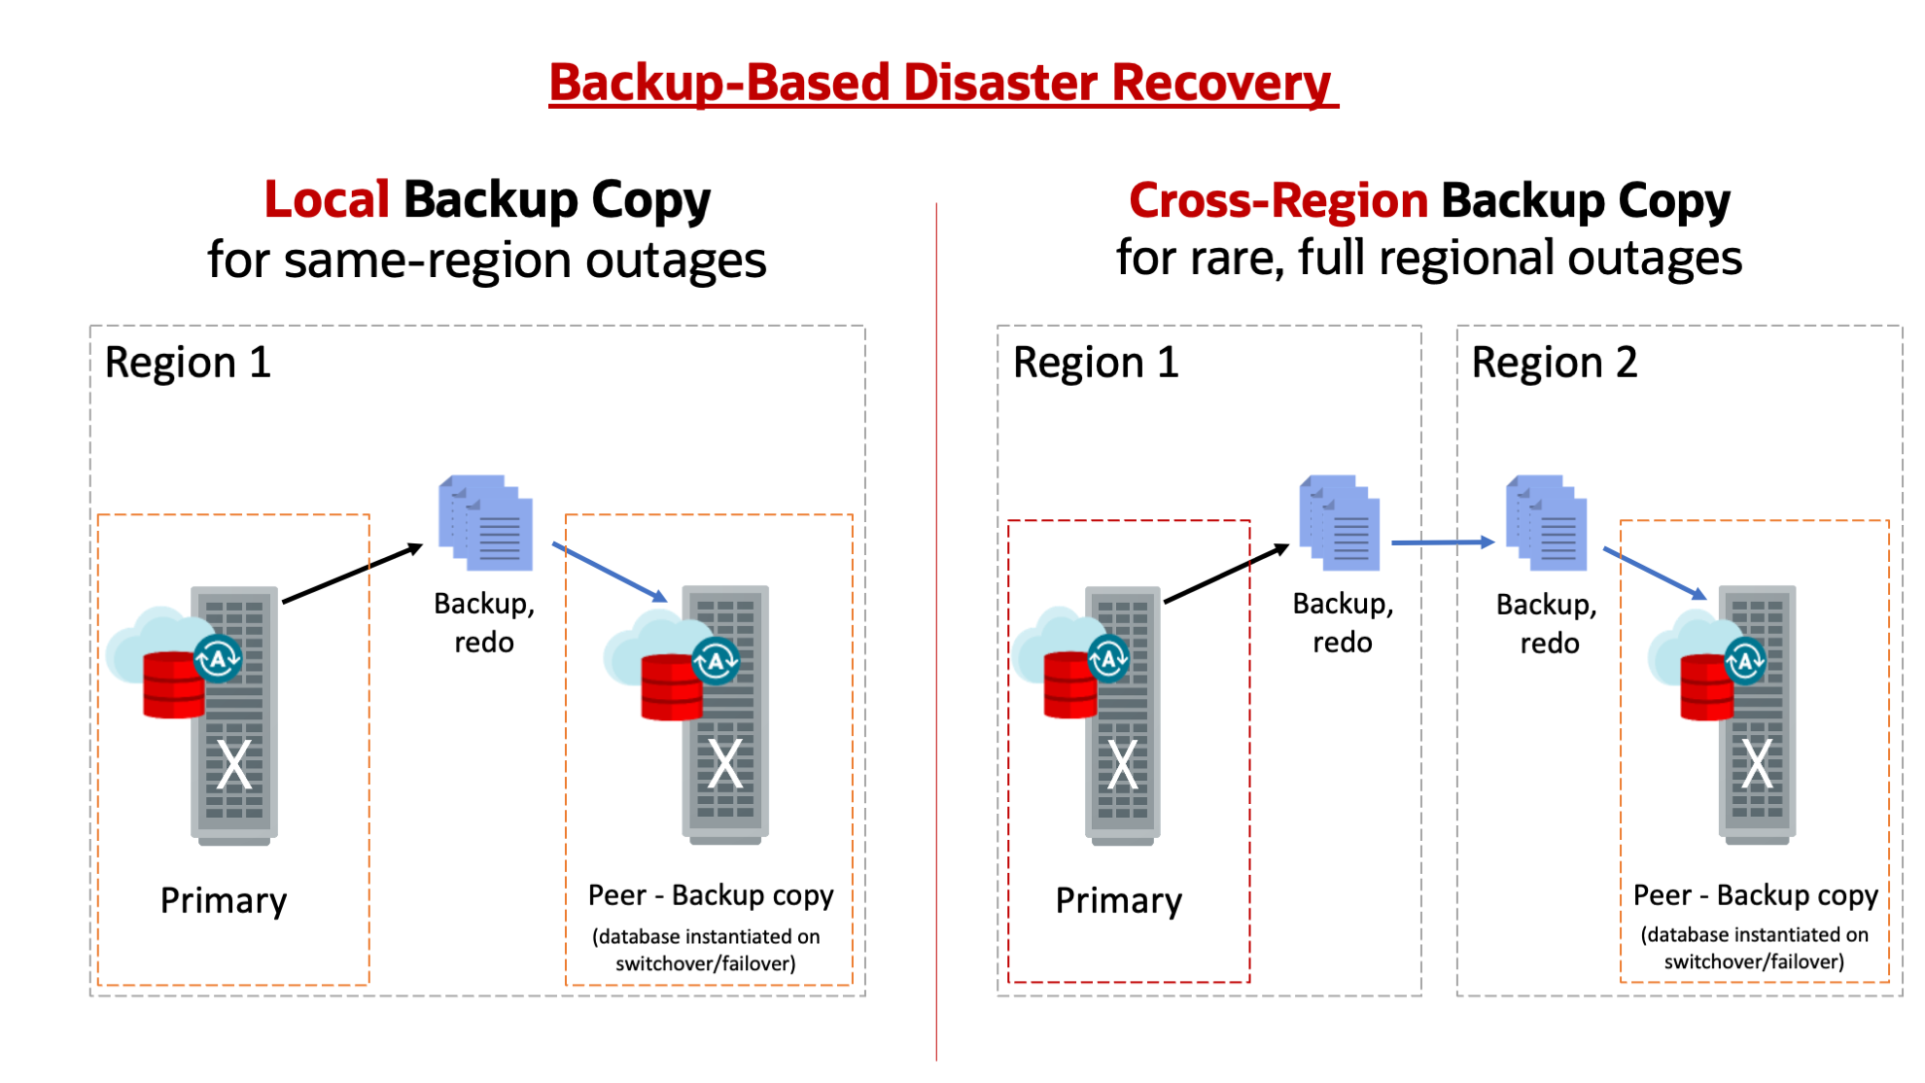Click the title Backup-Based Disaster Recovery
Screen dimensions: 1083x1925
(x=941, y=83)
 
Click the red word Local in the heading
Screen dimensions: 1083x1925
(x=327, y=199)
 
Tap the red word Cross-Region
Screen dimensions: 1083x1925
(x=1277, y=200)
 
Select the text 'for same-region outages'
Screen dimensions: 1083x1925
(x=486, y=261)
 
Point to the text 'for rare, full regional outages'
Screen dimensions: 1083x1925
(x=1428, y=259)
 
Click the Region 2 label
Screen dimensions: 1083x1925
(x=1554, y=363)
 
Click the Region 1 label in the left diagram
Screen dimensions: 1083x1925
(x=188, y=363)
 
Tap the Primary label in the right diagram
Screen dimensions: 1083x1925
(x=1118, y=900)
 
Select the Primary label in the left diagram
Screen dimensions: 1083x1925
(x=224, y=900)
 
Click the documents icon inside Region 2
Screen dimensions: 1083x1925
(x=1547, y=523)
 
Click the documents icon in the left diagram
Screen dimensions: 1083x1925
(x=486, y=523)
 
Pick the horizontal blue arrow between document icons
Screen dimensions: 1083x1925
(x=1443, y=542)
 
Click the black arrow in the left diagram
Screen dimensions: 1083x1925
(x=352, y=574)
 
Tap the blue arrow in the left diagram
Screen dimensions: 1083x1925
(x=610, y=572)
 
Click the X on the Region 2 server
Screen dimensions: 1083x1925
(x=1756, y=763)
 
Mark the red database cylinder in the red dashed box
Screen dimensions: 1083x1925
(x=1069, y=685)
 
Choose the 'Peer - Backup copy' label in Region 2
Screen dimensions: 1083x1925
(x=1755, y=894)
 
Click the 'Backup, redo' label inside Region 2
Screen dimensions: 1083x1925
(x=1548, y=623)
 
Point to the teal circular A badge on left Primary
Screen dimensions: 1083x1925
(x=218, y=659)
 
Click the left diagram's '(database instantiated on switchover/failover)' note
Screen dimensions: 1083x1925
(x=707, y=950)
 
